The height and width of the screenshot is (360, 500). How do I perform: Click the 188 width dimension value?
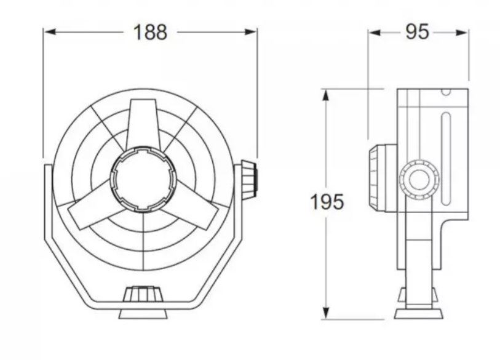point(150,32)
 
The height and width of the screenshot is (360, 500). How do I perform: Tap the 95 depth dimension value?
point(417,32)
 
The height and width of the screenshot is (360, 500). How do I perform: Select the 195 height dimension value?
point(327,202)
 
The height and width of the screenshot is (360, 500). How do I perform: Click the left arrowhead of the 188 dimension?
point(50,32)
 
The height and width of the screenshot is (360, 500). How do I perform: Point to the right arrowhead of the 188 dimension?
point(250,32)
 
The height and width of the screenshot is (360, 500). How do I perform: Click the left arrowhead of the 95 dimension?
point(375,33)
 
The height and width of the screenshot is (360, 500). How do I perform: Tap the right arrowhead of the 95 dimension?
point(462,33)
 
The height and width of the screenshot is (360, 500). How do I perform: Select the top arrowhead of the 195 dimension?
point(325,95)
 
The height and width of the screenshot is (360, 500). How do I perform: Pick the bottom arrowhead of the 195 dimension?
point(325,313)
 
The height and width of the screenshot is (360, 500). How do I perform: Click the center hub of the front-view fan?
point(143,178)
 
